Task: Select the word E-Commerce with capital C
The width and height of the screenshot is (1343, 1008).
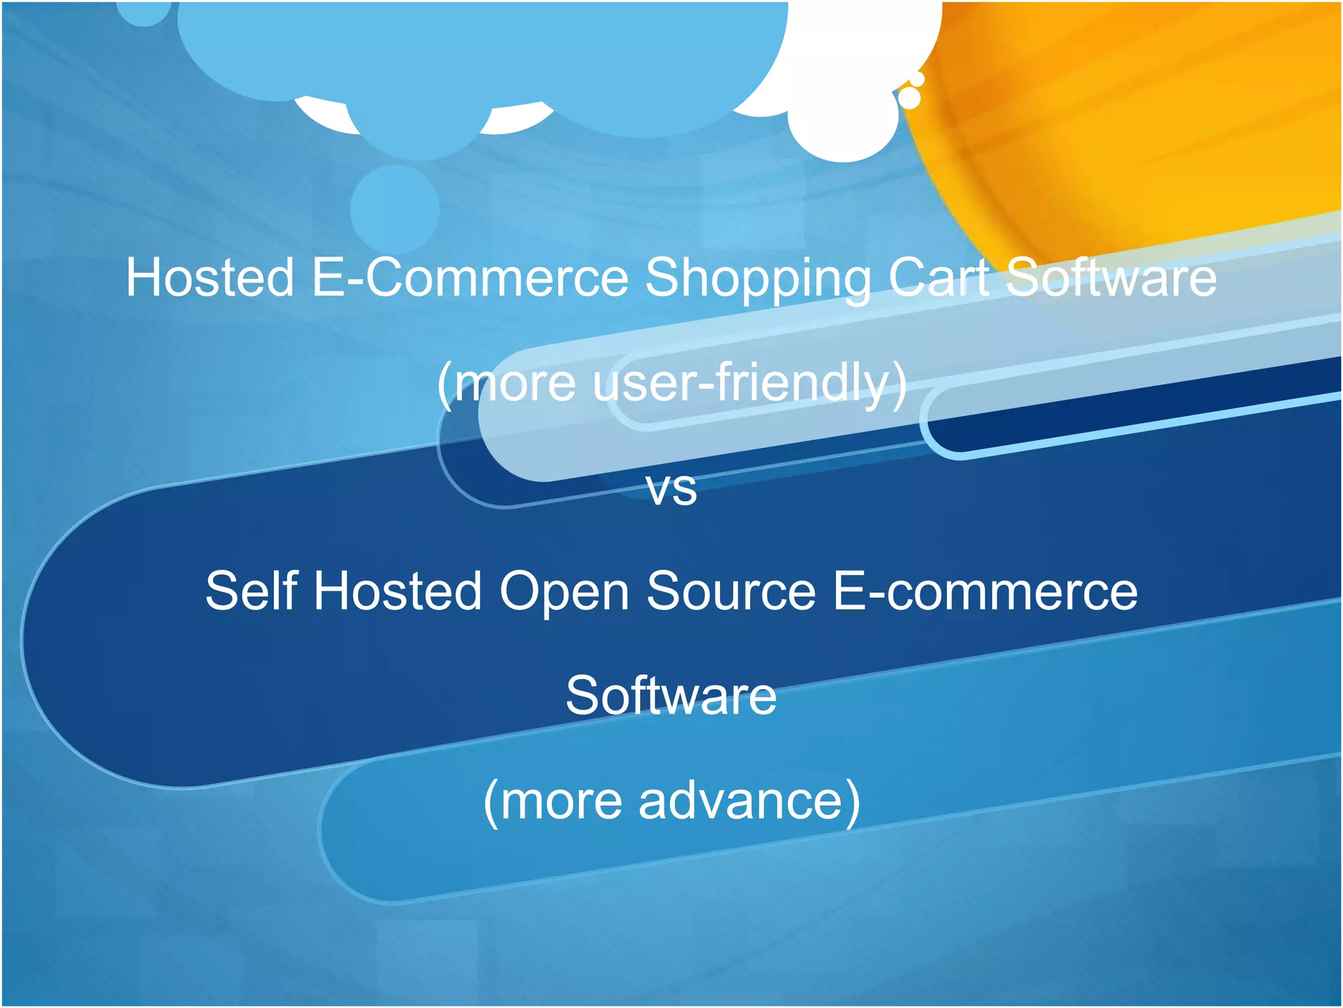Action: (470, 278)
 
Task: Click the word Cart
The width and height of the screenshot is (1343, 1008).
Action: (939, 278)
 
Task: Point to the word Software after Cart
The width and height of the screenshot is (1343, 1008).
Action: (1111, 278)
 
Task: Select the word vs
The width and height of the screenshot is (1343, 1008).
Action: (671, 489)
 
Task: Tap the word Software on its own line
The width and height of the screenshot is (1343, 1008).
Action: (671, 696)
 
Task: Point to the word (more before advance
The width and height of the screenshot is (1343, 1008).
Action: (553, 802)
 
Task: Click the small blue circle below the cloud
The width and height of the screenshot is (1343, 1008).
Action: (394, 209)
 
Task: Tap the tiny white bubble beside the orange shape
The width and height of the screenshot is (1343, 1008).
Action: (909, 98)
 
